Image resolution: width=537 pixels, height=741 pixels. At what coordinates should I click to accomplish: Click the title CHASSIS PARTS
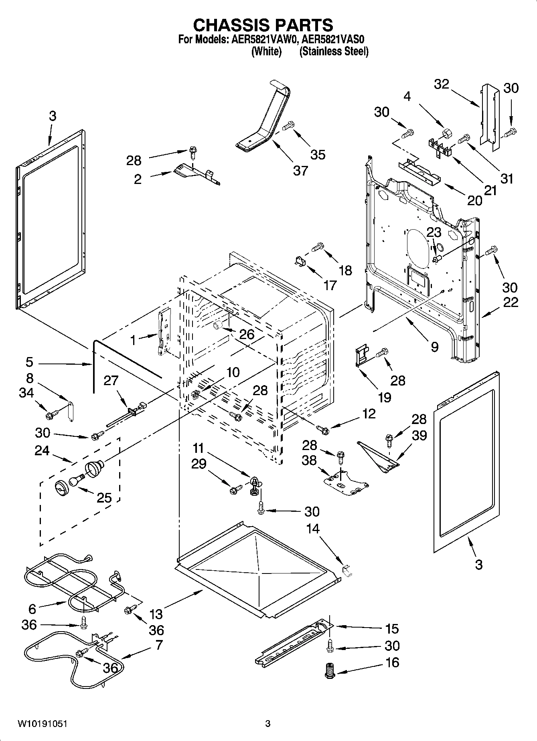pyautogui.click(x=263, y=25)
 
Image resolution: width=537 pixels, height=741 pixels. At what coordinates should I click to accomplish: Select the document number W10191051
pyautogui.click(x=42, y=724)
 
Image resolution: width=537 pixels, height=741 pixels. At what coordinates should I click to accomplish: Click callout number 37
pyautogui.click(x=300, y=170)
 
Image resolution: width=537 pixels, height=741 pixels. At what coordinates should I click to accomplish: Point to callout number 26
pyautogui.click(x=247, y=334)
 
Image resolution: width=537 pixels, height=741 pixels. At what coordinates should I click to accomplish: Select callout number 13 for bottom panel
pyautogui.click(x=156, y=614)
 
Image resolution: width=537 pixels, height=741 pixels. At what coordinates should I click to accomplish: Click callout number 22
pyautogui.click(x=511, y=302)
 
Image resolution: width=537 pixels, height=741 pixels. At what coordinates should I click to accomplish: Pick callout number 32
pyautogui.click(x=442, y=84)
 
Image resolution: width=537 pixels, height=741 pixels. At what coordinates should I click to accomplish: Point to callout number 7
pyautogui.click(x=159, y=645)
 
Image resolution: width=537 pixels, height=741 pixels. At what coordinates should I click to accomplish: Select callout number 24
pyautogui.click(x=42, y=450)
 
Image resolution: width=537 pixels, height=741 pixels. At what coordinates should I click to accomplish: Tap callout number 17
pyautogui.click(x=330, y=285)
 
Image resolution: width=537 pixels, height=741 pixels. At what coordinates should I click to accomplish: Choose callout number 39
pyautogui.click(x=419, y=435)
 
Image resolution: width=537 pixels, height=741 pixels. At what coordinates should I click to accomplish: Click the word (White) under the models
pyautogui.click(x=266, y=51)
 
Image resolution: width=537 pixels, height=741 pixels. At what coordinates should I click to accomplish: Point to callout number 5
pyautogui.click(x=29, y=362)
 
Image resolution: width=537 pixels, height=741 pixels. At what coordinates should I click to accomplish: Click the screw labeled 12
pyautogui.click(x=322, y=430)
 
